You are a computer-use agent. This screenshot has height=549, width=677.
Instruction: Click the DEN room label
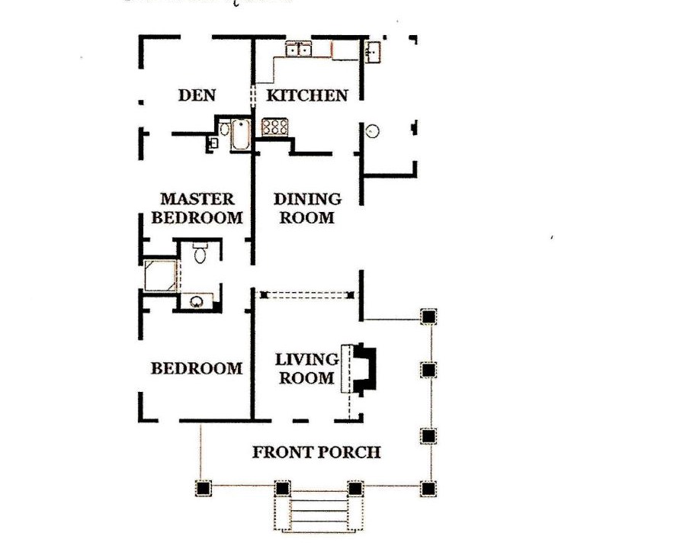click(x=197, y=95)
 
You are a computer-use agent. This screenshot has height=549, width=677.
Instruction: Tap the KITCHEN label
click(x=307, y=95)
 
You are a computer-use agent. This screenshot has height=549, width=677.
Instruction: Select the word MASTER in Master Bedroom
click(x=197, y=199)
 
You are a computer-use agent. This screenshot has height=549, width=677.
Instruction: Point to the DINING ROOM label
click(x=307, y=208)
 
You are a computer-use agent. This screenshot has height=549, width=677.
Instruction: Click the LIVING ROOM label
click(x=307, y=368)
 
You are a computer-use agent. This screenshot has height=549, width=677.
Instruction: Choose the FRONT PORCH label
click(x=316, y=452)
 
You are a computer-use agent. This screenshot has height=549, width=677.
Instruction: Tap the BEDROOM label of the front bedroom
click(x=197, y=368)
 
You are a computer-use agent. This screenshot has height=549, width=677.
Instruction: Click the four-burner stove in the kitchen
click(x=275, y=127)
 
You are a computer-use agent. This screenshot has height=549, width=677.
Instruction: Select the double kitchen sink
click(x=298, y=50)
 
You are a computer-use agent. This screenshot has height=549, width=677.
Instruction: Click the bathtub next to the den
click(x=240, y=134)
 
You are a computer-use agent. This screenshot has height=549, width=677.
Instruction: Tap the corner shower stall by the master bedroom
click(x=160, y=274)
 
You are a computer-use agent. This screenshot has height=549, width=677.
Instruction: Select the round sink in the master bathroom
click(x=197, y=301)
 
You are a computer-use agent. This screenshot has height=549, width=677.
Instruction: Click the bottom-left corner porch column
click(x=203, y=489)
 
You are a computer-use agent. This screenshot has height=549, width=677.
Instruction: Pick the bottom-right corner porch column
click(x=428, y=489)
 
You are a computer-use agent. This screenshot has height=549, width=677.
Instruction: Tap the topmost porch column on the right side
click(x=428, y=316)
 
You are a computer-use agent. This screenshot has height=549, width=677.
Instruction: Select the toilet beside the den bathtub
click(x=224, y=129)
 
